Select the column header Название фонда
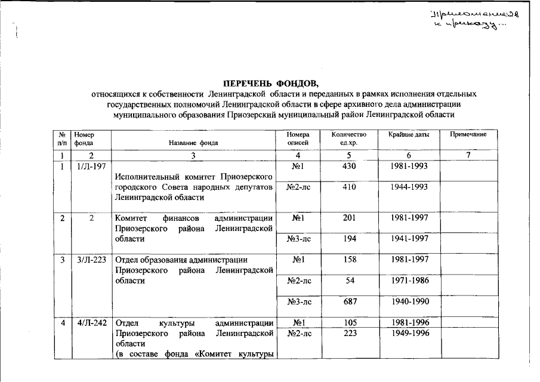[193, 143]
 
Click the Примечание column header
[468, 135]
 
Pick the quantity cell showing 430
[349, 166]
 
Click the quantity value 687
[349, 302]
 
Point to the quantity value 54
[349, 281]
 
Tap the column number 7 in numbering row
[468, 155]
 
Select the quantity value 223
[349, 333]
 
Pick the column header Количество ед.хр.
[349, 138]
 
